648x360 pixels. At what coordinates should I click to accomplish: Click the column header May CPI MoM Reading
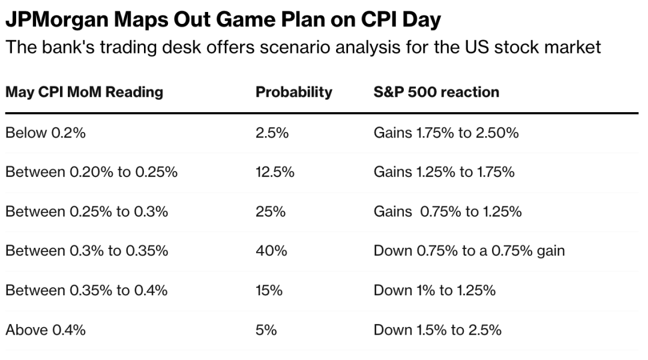(x=84, y=92)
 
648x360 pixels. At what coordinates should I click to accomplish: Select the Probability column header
(x=293, y=92)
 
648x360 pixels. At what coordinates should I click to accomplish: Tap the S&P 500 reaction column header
(x=436, y=92)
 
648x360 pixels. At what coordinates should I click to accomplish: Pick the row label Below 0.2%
(x=46, y=133)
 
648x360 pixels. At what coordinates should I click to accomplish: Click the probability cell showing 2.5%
(x=272, y=133)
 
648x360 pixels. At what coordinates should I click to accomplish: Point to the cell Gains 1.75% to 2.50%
(x=446, y=133)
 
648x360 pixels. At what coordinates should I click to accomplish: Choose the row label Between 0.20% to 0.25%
(x=91, y=173)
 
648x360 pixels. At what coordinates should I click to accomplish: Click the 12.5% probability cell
(x=275, y=173)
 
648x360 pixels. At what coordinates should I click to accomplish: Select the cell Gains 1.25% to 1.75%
(x=444, y=173)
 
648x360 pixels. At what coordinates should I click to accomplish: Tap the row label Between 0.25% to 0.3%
(x=86, y=212)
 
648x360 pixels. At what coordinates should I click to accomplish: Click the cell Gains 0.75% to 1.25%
(x=448, y=212)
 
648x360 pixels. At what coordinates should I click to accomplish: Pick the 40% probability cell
(x=271, y=251)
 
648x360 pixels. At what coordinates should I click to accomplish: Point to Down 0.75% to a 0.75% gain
(x=469, y=251)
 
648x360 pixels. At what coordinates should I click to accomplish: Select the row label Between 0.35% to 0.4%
(x=86, y=290)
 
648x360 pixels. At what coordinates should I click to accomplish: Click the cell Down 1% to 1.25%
(x=434, y=290)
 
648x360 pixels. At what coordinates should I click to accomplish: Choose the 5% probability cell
(x=266, y=330)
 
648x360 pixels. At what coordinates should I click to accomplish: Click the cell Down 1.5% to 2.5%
(x=437, y=330)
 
